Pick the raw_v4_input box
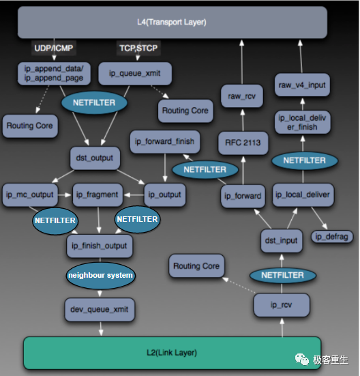[301, 85]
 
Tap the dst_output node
[95, 158]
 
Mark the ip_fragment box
[96, 194]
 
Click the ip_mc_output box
[29, 194]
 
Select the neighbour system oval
[100, 276]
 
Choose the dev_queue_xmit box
[100, 309]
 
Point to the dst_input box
[281, 240]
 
